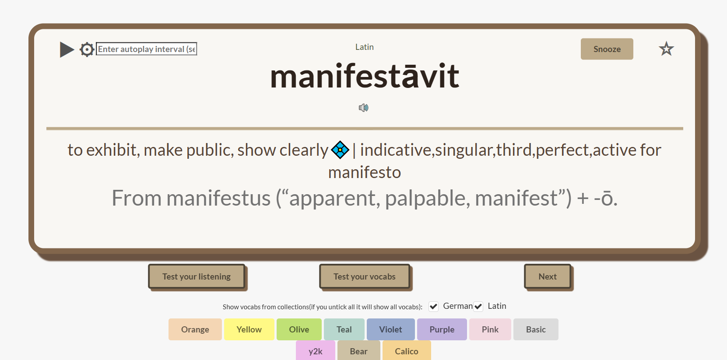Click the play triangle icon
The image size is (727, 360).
coord(67,49)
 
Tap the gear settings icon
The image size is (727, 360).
coord(87,49)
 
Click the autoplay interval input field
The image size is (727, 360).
coord(146,49)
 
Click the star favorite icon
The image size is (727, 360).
coord(666,49)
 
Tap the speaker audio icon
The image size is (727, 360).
coord(363,108)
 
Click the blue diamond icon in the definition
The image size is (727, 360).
coord(340,150)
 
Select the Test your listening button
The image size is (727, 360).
coord(197,276)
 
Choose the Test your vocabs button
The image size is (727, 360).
coord(365,276)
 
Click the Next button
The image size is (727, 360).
coord(548,276)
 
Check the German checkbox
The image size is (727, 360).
coord(434,307)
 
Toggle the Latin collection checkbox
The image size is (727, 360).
coord(478,307)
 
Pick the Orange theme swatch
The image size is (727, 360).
coord(195,329)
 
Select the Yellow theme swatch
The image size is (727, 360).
coord(249,329)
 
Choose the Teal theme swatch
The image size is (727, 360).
coord(344,329)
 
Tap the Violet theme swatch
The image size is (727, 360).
coord(391,329)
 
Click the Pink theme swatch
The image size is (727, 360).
coord(490,329)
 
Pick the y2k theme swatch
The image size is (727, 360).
coord(316,350)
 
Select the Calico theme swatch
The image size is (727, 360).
coord(407,350)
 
